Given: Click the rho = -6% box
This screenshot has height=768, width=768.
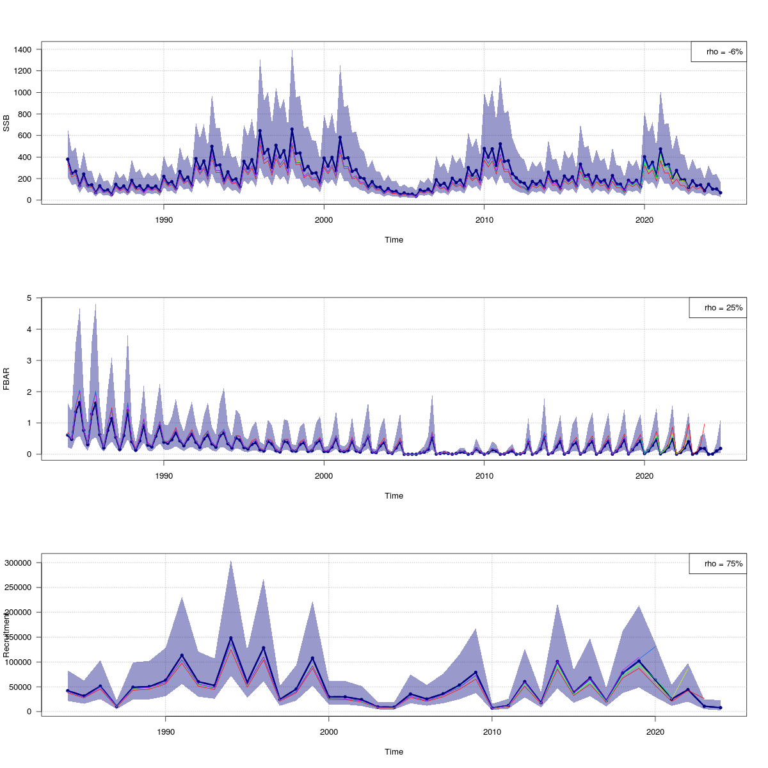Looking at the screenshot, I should (x=719, y=52).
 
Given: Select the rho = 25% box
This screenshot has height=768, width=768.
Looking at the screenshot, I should (x=717, y=308).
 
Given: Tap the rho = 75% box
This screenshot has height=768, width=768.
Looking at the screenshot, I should (x=717, y=564).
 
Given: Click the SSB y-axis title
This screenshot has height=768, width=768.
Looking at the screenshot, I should (x=7, y=125).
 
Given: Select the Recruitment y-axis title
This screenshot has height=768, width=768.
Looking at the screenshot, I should (x=7, y=634).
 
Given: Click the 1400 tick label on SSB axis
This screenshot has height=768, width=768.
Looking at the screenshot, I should (x=24, y=49).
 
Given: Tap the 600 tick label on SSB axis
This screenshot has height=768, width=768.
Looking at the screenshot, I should (x=26, y=136).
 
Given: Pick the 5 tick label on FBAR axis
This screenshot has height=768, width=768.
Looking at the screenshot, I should (x=29, y=298).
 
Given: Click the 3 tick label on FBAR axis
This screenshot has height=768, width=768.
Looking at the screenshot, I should (x=29, y=360).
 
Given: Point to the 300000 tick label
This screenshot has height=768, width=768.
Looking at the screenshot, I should (x=20, y=563).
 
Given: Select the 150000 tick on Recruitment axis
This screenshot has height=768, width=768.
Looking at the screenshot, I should (x=20, y=637).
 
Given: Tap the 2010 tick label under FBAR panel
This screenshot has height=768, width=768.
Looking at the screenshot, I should (x=484, y=476).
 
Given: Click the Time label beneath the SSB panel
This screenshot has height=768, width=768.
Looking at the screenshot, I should (x=394, y=240).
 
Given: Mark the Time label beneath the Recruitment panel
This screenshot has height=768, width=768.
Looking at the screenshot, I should (x=394, y=752).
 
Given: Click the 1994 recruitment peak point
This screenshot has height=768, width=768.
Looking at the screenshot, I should (x=230, y=638).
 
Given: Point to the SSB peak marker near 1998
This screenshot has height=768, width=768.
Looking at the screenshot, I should (x=292, y=129).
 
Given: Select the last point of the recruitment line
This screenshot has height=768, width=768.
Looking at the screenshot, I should (x=720, y=708).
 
